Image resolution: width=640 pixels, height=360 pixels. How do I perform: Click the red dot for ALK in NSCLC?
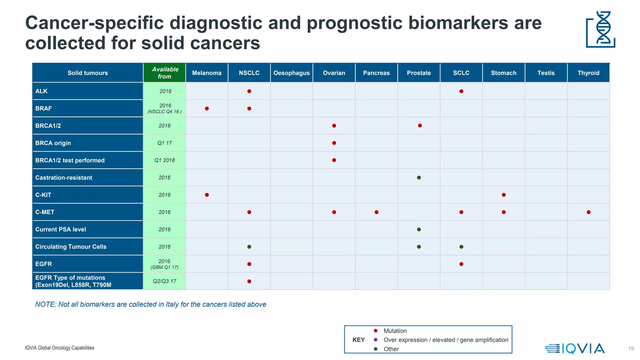(x=249, y=91)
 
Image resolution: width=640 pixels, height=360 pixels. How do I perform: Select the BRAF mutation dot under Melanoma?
(x=207, y=108)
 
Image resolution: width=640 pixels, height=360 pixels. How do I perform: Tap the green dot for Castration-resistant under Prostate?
(x=419, y=177)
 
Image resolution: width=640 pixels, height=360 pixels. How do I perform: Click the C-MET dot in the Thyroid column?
(x=588, y=212)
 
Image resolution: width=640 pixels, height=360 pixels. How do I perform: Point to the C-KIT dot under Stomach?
(x=503, y=195)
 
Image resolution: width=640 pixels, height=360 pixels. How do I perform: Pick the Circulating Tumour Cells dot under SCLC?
(x=461, y=247)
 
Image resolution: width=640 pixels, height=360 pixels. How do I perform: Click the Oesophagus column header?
(x=292, y=73)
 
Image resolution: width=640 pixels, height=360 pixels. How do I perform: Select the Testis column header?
(x=546, y=73)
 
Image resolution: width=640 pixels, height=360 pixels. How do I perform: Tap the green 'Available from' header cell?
(x=165, y=73)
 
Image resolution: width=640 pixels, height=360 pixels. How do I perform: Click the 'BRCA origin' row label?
(x=53, y=143)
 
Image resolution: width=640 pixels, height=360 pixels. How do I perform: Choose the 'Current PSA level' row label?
(x=61, y=229)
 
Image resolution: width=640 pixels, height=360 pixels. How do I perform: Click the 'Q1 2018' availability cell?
(x=165, y=160)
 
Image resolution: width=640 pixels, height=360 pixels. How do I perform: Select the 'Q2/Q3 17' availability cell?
(x=165, y=281)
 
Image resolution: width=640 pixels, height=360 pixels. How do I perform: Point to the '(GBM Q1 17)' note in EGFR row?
(x=164, y=267)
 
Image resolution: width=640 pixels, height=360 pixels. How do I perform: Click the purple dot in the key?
(x=376, y=340)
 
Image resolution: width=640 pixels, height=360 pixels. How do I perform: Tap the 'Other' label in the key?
(x=391, y=349)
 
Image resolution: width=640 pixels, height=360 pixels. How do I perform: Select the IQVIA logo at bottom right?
(x=575, y=348)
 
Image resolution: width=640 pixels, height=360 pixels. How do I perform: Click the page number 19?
(x=631, y=348)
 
